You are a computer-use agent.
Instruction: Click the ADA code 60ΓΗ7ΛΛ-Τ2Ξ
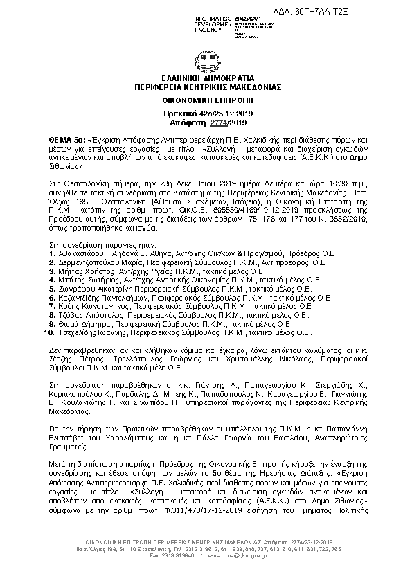tap(360, 11)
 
